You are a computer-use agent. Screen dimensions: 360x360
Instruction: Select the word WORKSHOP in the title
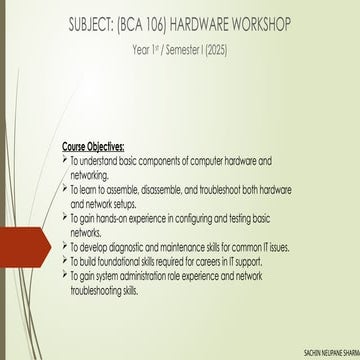click(x=262, y=25)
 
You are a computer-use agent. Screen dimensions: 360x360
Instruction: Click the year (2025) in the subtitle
click(x=216, y=51)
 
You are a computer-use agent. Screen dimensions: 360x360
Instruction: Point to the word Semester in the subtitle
click(x=183, y=51)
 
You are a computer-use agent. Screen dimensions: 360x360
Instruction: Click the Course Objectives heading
click(x=93, y=147)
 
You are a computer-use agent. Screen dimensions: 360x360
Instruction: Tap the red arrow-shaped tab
click(x=24, y=247)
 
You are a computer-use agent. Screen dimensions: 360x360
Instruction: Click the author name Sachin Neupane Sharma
click(x=332, y=353)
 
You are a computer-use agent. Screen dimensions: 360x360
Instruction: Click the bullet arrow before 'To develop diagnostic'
click(x=65, y=247)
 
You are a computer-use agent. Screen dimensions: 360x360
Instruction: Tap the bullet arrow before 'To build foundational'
click(x=65, y=261)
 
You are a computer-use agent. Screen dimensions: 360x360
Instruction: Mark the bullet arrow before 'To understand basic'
click(x=65, y=161)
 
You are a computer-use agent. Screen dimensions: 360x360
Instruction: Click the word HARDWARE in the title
click(x=199, y=25)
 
